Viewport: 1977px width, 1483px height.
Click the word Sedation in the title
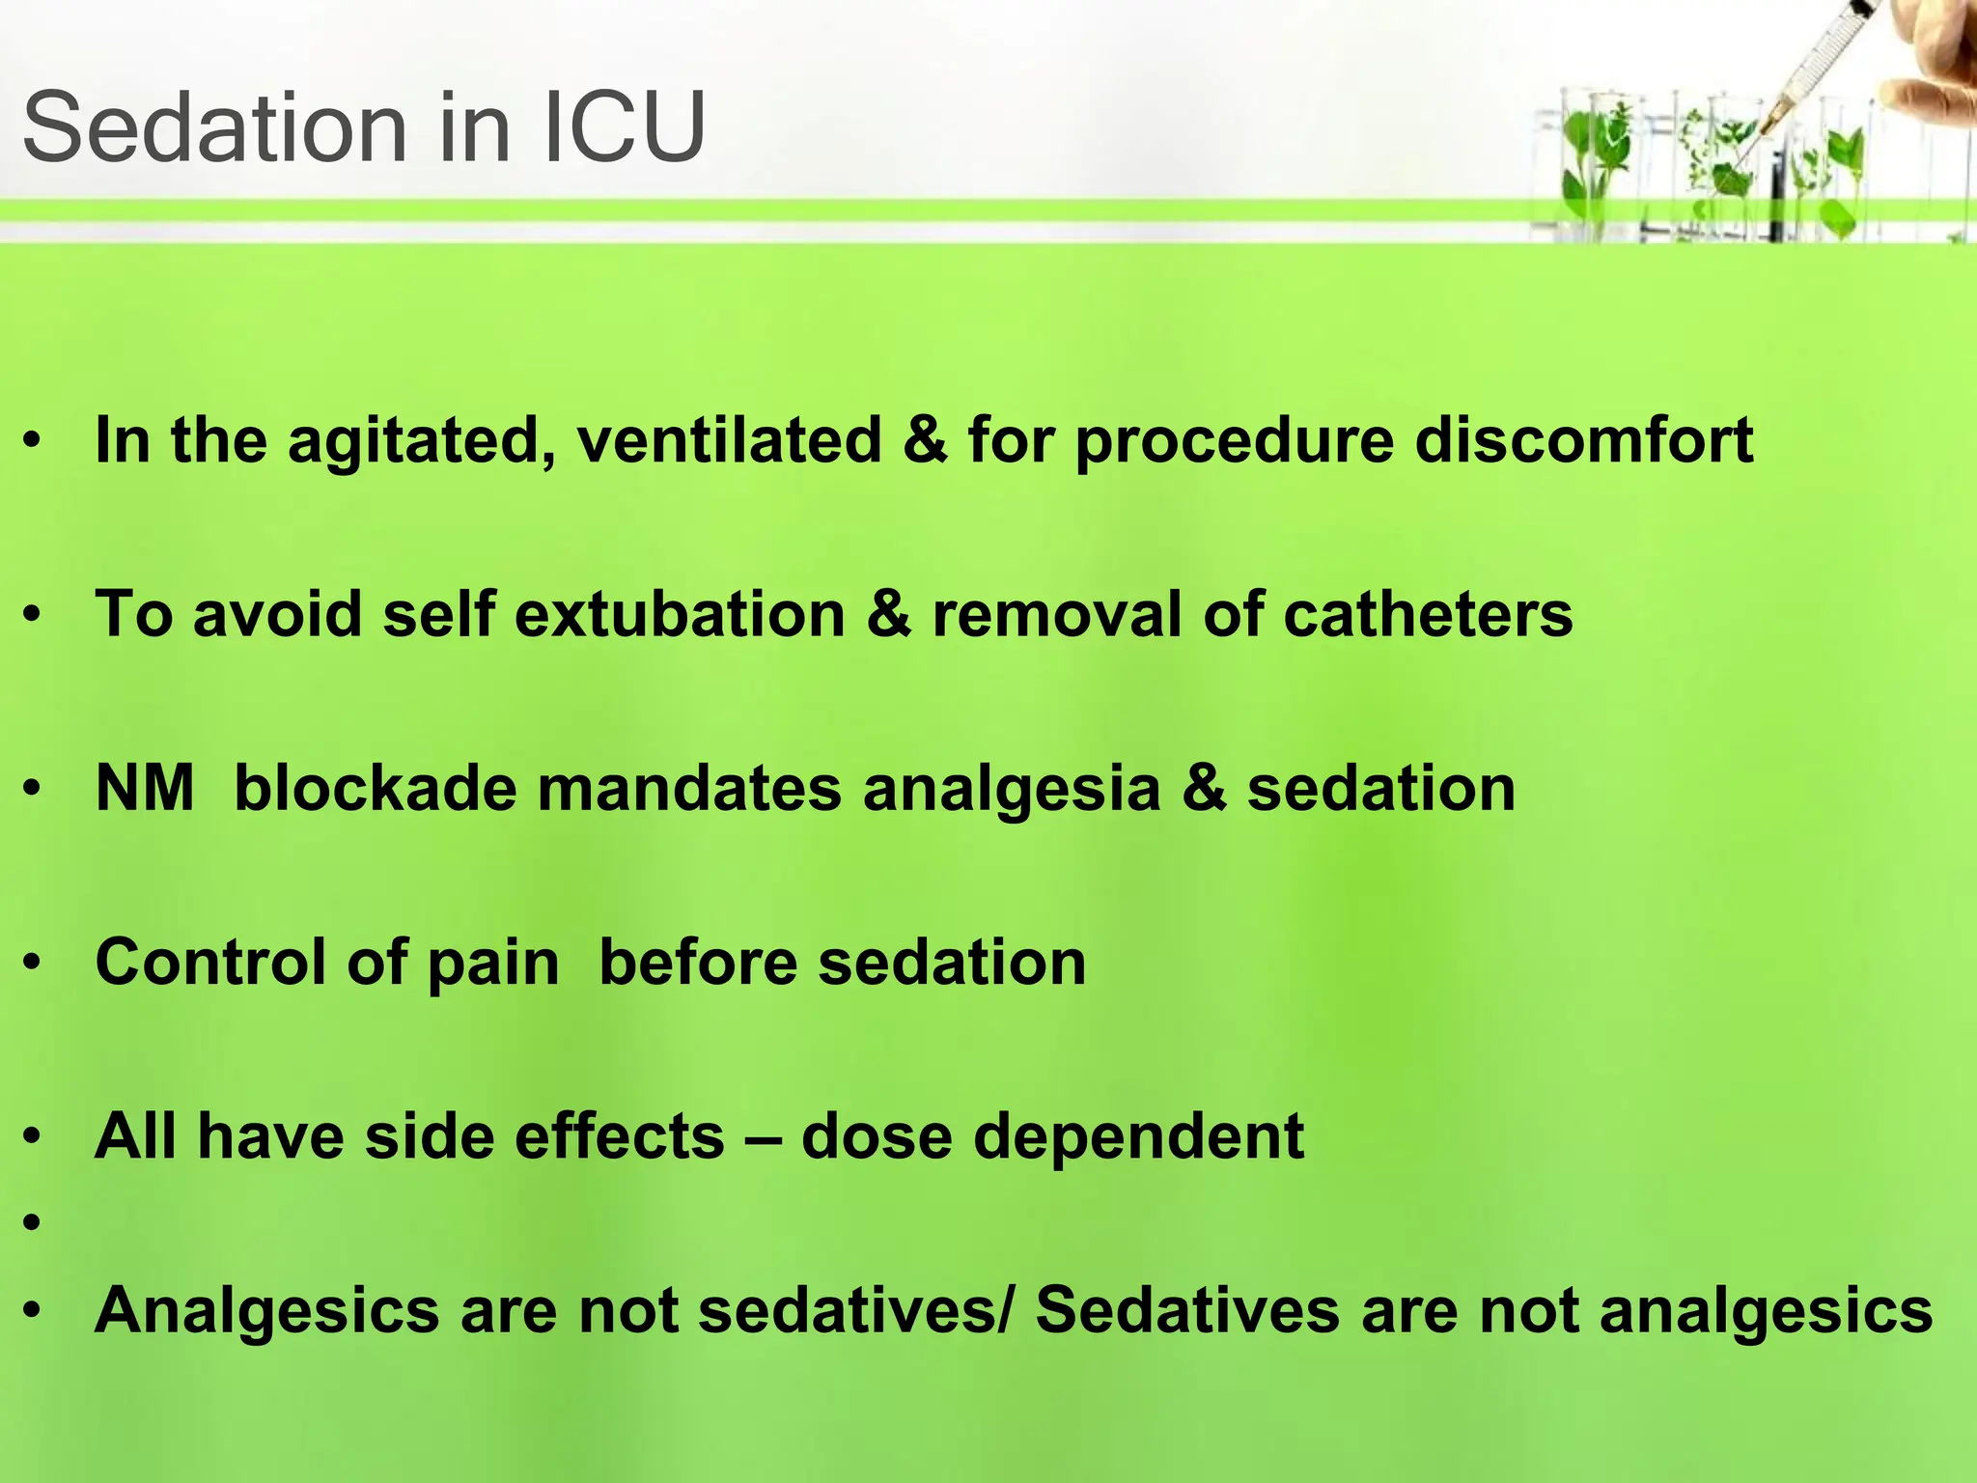click(x=214, y=128)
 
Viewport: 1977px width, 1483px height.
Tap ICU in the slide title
click(x=624, y=128)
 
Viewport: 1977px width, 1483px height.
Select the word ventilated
click(x=729, y=440)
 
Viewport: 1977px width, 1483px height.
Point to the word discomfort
click(x=1583, y=440)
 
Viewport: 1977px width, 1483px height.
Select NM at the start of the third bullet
click(x=145, y=788)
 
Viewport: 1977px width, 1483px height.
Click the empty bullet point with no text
click(x=34, y=1223)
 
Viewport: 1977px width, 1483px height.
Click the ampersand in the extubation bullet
click(x=888, y=614)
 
